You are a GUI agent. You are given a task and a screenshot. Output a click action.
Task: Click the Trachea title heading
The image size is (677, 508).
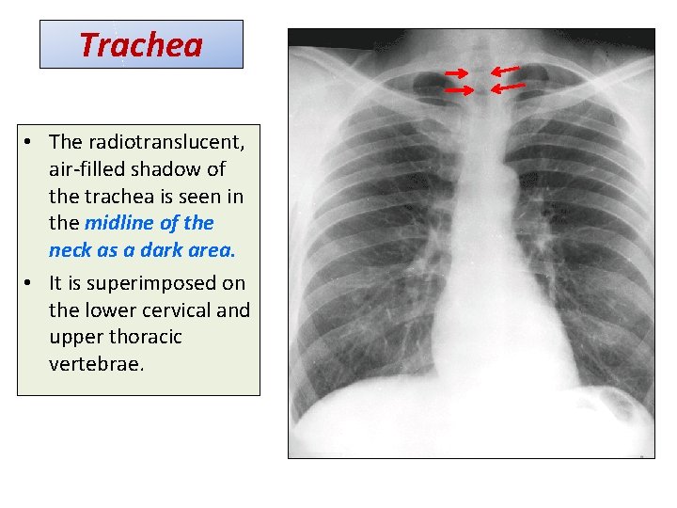coord(141,44)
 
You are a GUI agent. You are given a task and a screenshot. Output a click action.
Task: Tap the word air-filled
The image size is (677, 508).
coord(87,169)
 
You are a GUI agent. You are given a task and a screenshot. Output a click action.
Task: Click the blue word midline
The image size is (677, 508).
coord(118,223)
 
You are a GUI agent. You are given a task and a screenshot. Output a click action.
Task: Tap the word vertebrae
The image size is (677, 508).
coord(96,364)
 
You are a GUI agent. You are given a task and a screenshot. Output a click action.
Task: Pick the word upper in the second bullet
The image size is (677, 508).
coord(75,337)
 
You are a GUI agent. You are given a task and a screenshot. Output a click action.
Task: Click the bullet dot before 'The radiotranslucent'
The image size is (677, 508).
coord(31,143)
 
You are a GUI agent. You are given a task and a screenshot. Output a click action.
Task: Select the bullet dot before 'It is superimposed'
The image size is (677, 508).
coord(31,284)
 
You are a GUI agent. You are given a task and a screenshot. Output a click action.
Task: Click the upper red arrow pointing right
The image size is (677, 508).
coord(458,72)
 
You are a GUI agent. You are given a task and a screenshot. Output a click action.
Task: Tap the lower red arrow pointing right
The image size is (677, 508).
coord(458,90)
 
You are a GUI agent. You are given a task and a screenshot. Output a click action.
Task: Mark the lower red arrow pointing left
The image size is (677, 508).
coord(509,87)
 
